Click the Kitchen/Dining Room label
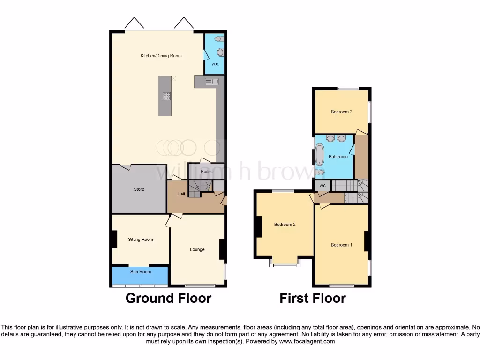(161, 56)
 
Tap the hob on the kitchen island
(166, 97)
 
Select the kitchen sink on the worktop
(211, 82)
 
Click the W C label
(215, 64)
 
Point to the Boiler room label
(206, 172)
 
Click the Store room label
(139, 189)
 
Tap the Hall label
(181, 194)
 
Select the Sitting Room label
(141, 240)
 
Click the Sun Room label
(141, 272)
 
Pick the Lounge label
(197, 249)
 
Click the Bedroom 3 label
(341, 112)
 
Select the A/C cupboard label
(322, 186)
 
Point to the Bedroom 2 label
(285, 225)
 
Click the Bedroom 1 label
(341, 245)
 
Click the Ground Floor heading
(168, 298)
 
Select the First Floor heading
(313, 298)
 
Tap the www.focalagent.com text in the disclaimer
(307, 342)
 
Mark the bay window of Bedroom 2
(285, 264)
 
